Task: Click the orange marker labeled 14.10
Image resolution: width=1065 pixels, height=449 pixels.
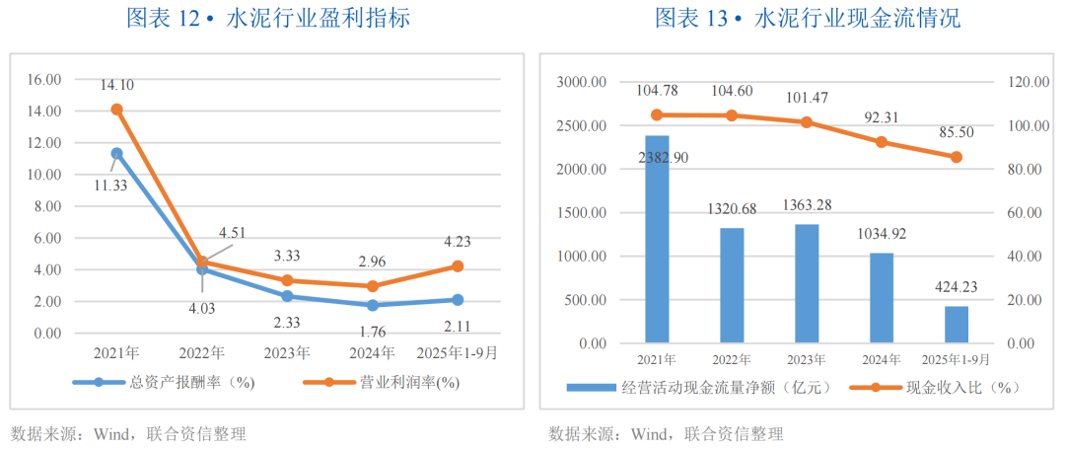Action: click(x=116, y=110)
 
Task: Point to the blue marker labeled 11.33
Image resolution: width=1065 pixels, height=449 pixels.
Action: click(x=116, y=154)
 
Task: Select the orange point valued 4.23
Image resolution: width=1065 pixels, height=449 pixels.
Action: click(x=458, y=265)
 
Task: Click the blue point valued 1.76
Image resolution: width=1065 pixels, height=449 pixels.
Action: click(x=372, y=305)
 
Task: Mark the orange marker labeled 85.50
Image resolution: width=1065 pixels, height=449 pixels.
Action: click(x=956, y=157)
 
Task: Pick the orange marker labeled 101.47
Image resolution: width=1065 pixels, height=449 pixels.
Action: click(x=806, y=122)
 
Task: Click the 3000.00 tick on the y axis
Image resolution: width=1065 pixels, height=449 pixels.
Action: click(x=580, y=83)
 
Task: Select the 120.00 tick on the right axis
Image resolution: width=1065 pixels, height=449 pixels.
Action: click(x=1026, y=83)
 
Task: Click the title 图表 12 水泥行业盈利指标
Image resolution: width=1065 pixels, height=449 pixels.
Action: click(x=268, y=18)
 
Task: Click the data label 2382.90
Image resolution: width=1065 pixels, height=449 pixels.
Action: click(x=663, y=158)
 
